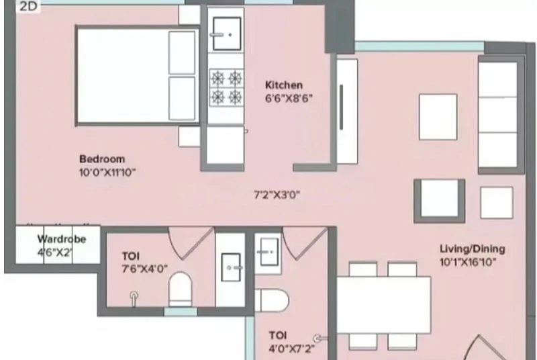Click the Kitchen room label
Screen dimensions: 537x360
pyautogui.click(x=283, y=85)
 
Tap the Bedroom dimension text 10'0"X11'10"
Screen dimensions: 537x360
pyautogui.click(x=107, y=173)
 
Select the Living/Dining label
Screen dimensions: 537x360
pyautogui.click(x=473, y=249)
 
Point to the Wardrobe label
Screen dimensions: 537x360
pyautogui.click(x=62, y=239)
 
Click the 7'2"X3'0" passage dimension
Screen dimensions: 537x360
pyautogui.click(x=277, y=195)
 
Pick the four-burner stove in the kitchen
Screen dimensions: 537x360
pyautogui.click(x=226, y=88)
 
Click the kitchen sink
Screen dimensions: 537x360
pyautogui.click(x=226, y=34)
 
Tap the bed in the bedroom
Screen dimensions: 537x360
pyautogui.click(x=138, y=75)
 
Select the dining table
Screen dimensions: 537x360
pyautogui.click(x=383, y=305)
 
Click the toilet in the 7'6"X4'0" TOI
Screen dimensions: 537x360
pyautogui.click(x=181, y=289)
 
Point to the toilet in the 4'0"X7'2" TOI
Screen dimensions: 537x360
pyautogui.click(x=272, y=300)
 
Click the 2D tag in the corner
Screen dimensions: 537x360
pyautogui.click(x=28, y=6)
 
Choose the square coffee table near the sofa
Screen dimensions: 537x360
pyautogui.click(x=438, y=117)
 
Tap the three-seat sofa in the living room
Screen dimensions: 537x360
pyautogui.click(x=500, y=114)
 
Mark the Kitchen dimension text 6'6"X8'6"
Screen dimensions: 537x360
pyautogui.click(x=289, y=99)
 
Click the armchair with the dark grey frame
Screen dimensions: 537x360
pyautogui.click(x=440, y=201)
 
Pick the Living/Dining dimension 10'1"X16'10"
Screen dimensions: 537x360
pyautogui.click(x=468, y=263)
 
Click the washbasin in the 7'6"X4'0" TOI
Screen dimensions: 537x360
pyautogui.click(x=231, y=267)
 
